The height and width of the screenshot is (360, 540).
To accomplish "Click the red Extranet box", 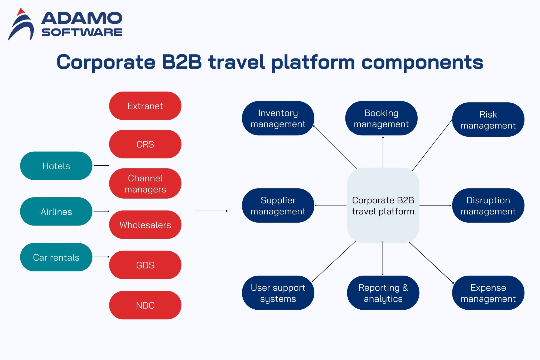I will [145, 106].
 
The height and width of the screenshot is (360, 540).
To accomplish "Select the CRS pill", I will [145, 144].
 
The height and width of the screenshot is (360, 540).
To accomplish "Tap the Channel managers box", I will [145, 184].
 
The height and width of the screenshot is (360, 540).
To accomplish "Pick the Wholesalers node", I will [145, 225].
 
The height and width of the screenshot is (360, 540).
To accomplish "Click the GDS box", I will [145, 265].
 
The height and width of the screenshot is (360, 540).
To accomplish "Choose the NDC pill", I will [145, 305].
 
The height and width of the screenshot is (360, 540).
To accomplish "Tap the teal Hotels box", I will [56, 166].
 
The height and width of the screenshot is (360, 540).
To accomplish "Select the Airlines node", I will [56, 212].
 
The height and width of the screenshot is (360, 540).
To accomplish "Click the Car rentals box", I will [56, 257].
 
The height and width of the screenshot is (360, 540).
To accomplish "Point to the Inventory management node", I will [278, 118].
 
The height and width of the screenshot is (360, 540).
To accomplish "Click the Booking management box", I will [381, 118].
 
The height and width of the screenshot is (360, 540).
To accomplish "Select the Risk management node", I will [488, 120].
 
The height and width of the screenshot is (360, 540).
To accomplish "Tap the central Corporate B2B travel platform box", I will [383, 205].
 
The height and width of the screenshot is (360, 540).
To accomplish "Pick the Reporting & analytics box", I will [383, 293].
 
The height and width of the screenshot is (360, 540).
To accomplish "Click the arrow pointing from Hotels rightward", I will [102, 166].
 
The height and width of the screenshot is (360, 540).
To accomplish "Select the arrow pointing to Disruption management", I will [435, 206].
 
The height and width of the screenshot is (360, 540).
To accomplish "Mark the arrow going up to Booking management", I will [383, 152].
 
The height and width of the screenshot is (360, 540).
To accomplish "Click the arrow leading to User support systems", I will [334, 262].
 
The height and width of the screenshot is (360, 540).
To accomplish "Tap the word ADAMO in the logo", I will [82, 18].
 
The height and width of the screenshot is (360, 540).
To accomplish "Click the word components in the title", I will [422, 62].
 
